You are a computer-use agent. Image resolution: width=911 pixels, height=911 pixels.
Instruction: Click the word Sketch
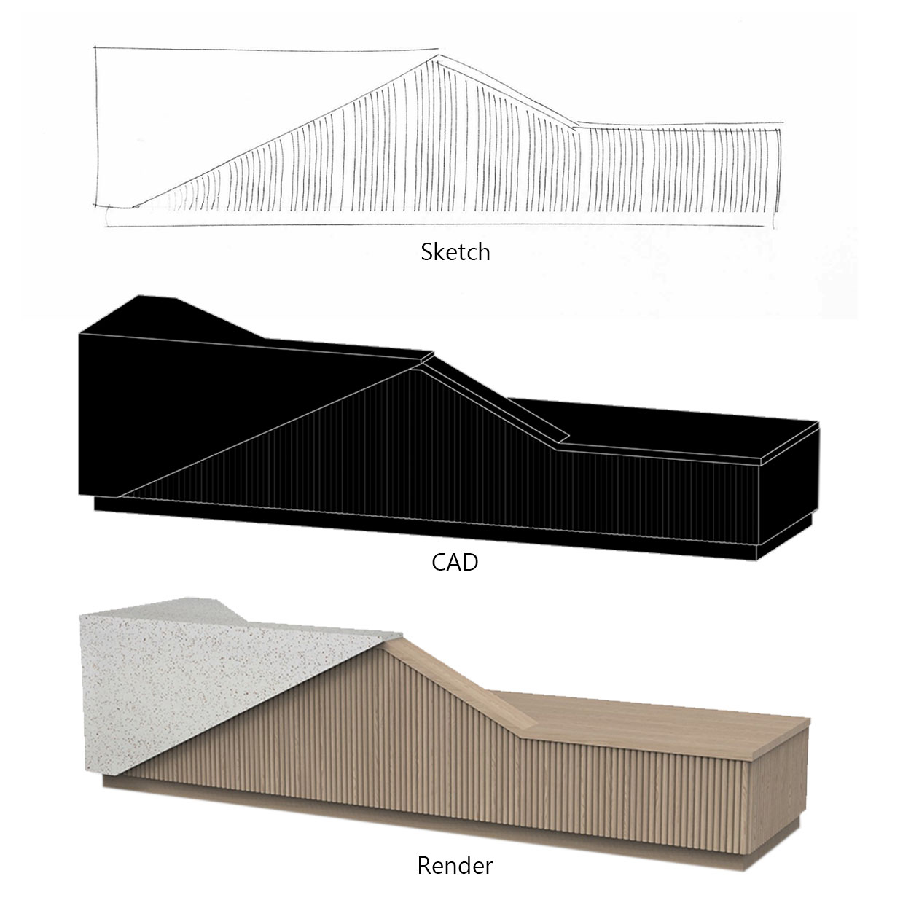455,252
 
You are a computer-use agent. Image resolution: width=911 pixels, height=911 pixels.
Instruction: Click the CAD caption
455,563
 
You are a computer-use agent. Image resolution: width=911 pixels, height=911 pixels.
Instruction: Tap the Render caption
455,866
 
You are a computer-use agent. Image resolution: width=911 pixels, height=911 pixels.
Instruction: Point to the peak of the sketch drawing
437,56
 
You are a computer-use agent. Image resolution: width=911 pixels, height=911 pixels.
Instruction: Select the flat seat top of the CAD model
662,428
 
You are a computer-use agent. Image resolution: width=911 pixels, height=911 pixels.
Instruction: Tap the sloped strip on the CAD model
496,399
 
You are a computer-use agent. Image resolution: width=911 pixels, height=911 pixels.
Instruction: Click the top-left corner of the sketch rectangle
95,47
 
